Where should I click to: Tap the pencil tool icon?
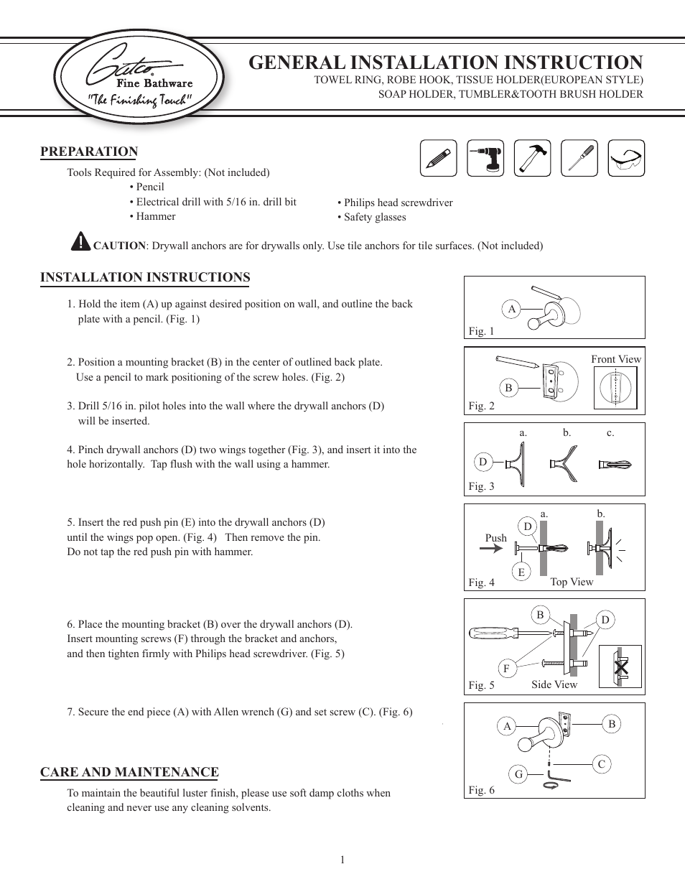[438, 158]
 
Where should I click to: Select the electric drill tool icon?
[485, 158]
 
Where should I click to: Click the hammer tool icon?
[532, 158]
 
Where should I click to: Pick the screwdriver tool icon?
[579, 158]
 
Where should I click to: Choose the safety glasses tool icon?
[626, 158]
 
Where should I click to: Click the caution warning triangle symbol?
[80, 241]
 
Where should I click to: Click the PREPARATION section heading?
[89, 152]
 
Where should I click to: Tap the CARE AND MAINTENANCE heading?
[129, 772]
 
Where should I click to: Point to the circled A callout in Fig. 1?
[512, 309]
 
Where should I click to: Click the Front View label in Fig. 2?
[616, 359]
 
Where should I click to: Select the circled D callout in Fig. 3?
[483, 462]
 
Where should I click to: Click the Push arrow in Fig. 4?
[492, 549]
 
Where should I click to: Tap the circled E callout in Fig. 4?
[521, 572]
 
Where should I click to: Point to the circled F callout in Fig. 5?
[506, 668]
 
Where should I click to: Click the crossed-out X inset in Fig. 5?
[620, 667]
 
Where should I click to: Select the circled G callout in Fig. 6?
[518, 774]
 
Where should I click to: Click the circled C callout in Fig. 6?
[602, 764]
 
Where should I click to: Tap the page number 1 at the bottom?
[342, 860]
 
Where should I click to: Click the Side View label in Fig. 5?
[554, 684]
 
